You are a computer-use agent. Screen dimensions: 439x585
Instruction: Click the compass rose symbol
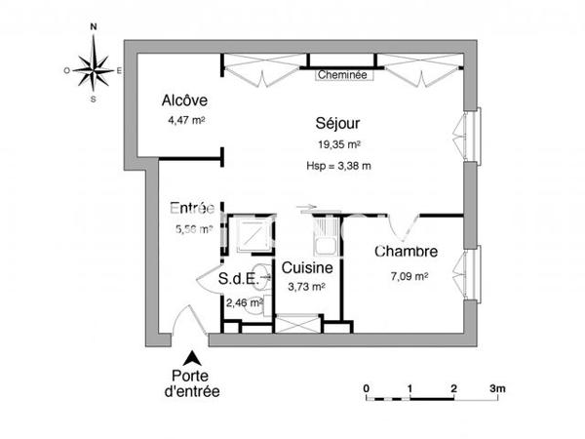coord(94,69)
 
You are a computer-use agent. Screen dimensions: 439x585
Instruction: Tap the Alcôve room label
coord(185,100)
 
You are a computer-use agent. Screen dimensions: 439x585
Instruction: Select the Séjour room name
coord(338,124)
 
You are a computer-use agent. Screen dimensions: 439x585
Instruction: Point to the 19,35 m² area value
coord(338,144)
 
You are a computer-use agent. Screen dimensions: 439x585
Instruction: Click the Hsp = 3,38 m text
coord(338,166)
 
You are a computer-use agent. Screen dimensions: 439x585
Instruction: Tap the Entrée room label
coord(191,208)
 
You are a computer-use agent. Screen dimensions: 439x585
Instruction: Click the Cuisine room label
coord(308,267)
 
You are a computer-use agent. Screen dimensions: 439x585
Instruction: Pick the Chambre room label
coord(406,252)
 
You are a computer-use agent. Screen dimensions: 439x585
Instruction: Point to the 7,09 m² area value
coord(409,276)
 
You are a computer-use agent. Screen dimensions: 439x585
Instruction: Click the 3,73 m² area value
coord(307,287)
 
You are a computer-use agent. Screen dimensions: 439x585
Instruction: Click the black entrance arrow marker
coord(192,358)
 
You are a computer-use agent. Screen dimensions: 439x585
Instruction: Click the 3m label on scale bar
coord(498,388)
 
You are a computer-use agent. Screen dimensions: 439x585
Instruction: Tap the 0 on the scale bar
coord(367,388)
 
